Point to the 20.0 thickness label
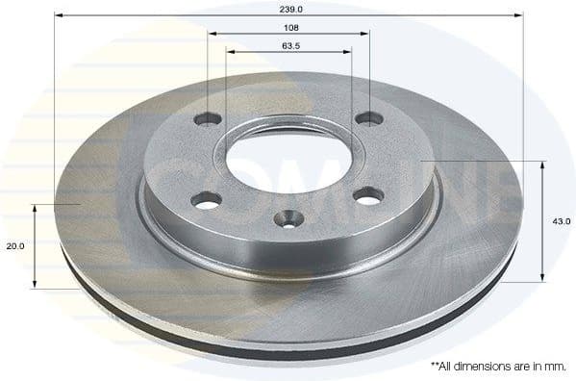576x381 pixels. click(x=14, y=246)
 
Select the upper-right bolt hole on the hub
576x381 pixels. click(x=367, y=119)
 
